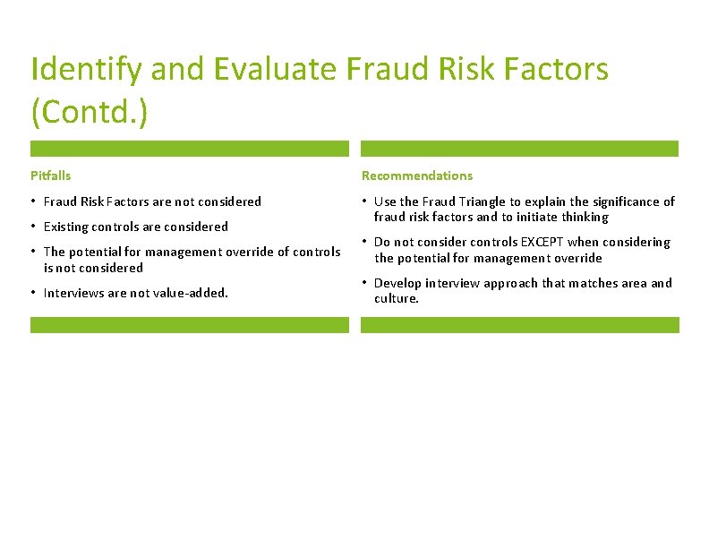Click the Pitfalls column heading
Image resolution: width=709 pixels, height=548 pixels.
pos(50,176)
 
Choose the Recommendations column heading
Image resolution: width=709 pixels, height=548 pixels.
pos(416,176)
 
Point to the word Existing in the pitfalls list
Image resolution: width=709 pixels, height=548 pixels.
pos(64,227)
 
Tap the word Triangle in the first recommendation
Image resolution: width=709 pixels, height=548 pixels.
pos(475,201)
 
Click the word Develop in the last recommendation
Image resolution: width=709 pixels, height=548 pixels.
pos(397,283)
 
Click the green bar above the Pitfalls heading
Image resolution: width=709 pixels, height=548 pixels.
pos(189,149)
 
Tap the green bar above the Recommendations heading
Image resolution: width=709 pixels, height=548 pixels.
pos(519,149)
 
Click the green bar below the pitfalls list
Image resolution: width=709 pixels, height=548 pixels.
pos(189,325)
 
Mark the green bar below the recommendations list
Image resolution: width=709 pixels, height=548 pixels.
pos(519,325)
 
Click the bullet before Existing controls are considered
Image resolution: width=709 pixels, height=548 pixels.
pos(34,227)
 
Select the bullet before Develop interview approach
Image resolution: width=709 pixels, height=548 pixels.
pos(364,283)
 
